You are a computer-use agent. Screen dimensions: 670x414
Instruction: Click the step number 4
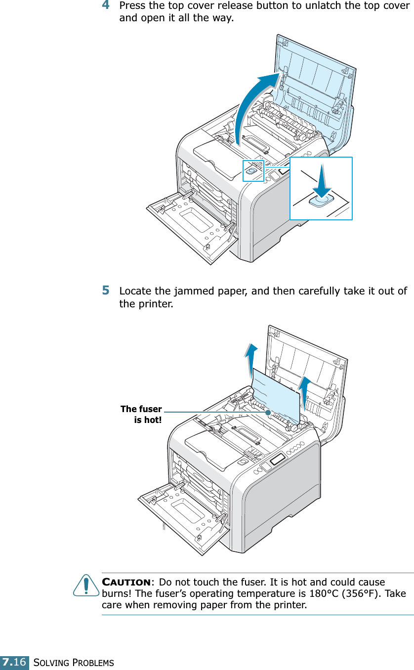coord(106,6)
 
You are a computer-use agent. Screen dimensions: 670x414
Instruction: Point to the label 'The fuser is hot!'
coord(142,414)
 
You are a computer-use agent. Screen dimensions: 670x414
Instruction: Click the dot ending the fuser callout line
coord(267,411)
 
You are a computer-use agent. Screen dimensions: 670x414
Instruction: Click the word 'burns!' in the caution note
coord(116,594)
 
